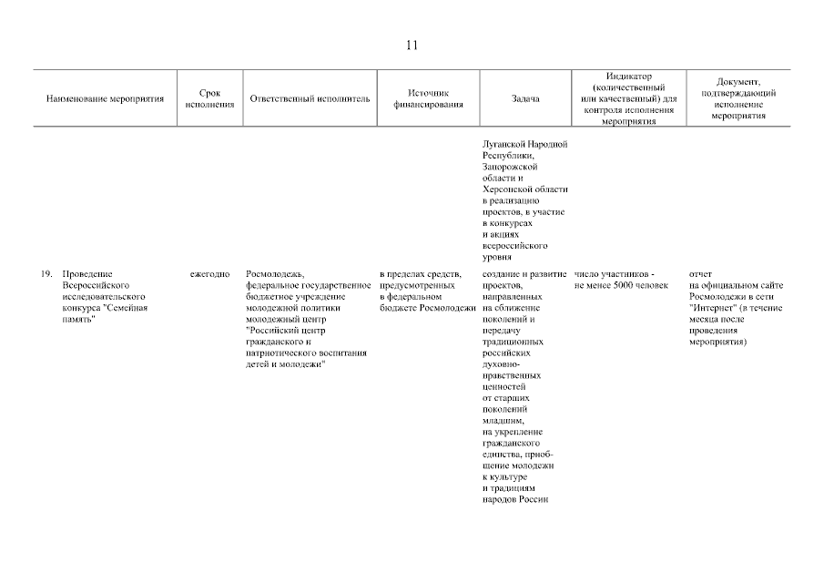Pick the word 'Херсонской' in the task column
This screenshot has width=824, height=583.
504,189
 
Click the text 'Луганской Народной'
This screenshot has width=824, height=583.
524,144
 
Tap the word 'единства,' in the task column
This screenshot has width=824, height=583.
504,454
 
